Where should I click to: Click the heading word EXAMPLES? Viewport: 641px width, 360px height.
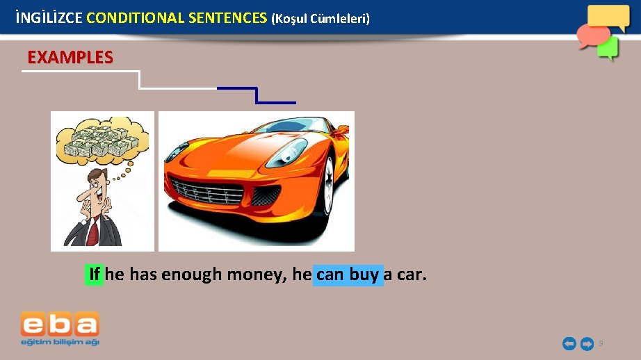pyautogui.click(x=70, y=58)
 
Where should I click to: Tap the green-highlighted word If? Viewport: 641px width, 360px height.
pyautogui.click(x=95, y=275)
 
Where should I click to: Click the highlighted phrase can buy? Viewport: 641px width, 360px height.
pyautogui.click(x=348, y=275)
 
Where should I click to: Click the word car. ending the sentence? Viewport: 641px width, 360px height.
pyautogui.click(x=412, y=275)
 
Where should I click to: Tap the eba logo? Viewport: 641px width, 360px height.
pyautogui.click(x=60, y=328)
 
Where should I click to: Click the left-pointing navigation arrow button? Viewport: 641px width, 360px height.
pyautogui.click(x=569, y=343)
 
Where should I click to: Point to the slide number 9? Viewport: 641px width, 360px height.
pyautogui.click(x=601, y=343)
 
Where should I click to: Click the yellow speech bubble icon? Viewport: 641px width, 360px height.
pyautogui.click(x=608, y=17)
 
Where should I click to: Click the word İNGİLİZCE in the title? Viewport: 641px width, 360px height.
pyautogui.click(x=49, y=17)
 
